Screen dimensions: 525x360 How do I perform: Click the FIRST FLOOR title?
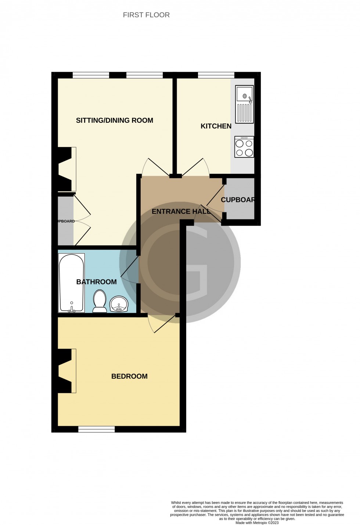pyautogui.click(x=146, y=15)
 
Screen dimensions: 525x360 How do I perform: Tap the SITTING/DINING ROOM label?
pyautogui.click(x=114, y=120)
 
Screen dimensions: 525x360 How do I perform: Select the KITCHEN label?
pyautogui.click(x=216, y=126)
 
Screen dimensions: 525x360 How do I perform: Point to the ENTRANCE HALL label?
pyautogui.click(x=181, y=211)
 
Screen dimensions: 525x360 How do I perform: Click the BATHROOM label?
pyautogui.click(x=96, y=282)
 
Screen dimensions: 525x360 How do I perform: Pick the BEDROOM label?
pyautogui.click(x=129, y=376)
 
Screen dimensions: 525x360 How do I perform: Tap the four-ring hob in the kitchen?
pyautogui.click(x=244, y=147)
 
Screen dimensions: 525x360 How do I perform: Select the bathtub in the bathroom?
pyautogui.click(x=72, y=283)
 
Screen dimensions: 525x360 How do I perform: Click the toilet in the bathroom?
pyautogui.click(x=100, y=301)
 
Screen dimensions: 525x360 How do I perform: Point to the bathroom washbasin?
pyautogui.click(x=119, y=304)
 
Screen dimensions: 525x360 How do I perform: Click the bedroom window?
pyautogui.click(x=97, y=429)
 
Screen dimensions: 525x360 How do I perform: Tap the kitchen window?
pyautogui.click(x=216, y=75)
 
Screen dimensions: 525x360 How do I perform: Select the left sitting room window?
pyautogui.click(x=91, y=75)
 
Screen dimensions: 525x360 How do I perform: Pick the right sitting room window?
pyautogui.click(x=144, y=75)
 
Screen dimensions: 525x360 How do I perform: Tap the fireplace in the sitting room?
pyautogui.click(x=67, y=169)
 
